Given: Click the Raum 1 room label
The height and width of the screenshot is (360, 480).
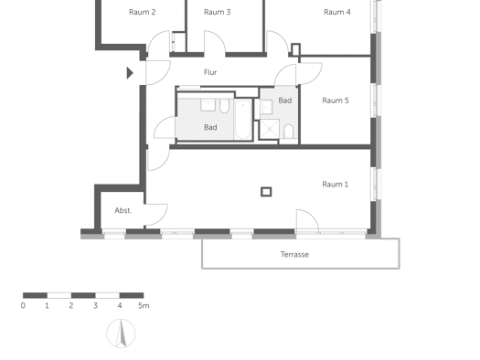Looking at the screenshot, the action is coord(335,185).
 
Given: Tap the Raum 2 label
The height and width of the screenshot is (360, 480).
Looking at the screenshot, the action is coord(142,12).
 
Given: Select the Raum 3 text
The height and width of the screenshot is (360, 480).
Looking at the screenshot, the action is coord(217,12).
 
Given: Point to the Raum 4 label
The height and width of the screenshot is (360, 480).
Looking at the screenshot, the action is coord(337,12).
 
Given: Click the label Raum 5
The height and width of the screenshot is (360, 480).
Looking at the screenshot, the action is coord(336,101).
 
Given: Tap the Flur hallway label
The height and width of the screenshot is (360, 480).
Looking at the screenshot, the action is coord(210,72).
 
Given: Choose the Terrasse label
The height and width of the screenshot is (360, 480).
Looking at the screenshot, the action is coord(294,255).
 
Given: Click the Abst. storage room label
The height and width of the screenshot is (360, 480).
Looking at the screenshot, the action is coord(123,210).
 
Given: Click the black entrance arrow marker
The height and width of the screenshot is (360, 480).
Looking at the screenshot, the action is coord(130,73).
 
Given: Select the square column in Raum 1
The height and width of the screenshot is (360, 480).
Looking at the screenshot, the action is coord(266,192).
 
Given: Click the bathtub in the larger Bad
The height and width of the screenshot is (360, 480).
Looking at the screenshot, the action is coord(243,120).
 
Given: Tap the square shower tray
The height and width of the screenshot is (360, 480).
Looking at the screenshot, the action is coord(269,129).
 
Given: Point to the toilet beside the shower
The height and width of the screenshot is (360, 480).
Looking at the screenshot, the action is coord(289,132).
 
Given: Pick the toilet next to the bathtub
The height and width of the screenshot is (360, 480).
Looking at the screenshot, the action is coord(224,106).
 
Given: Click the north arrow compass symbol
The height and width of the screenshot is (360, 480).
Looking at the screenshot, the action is coord(121,334).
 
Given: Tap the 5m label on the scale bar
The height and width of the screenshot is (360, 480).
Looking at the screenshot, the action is coord(144,305).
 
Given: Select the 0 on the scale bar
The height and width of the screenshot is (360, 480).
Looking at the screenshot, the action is coord(23,305).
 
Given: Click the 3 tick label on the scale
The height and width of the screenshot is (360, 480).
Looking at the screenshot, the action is coord(95,305).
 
